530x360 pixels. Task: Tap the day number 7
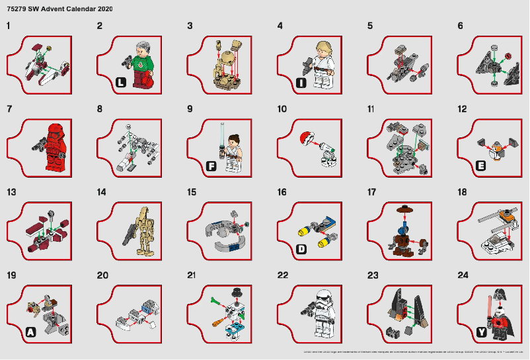tap(9, 109)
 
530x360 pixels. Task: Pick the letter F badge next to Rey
tap(211, 166)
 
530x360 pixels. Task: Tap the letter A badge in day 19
tap(30, 333)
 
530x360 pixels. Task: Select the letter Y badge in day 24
tap(481, 332)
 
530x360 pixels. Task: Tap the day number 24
tap(462, 275)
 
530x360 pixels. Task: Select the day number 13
tap(11, 192)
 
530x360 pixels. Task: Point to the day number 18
tap(462, 192)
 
